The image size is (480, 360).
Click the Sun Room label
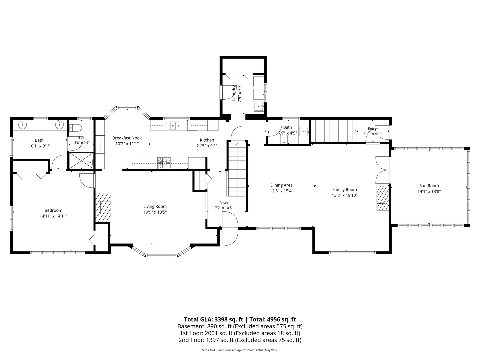tap(429, 186)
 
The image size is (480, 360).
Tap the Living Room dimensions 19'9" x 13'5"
tap(155, 212)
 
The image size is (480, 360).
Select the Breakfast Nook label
tap(127, 138)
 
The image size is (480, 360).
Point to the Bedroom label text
tap(53, 210)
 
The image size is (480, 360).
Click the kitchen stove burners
tap(164, 163)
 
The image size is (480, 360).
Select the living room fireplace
tap(103, 208)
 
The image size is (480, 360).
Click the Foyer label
tap(224, 203)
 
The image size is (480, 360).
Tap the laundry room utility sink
tap(259, 106)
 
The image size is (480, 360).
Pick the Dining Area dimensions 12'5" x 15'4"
tap(281, 191)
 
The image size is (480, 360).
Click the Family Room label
tap(345, 190)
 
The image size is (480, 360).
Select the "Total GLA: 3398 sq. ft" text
tap(214, 320)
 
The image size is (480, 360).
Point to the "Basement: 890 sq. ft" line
tap(205, 327)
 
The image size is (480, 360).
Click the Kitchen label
tap(207, 140)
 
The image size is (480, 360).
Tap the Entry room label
tap(372, 129)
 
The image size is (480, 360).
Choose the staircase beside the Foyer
tap(237, 169)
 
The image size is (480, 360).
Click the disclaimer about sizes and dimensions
tap(240, 350)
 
